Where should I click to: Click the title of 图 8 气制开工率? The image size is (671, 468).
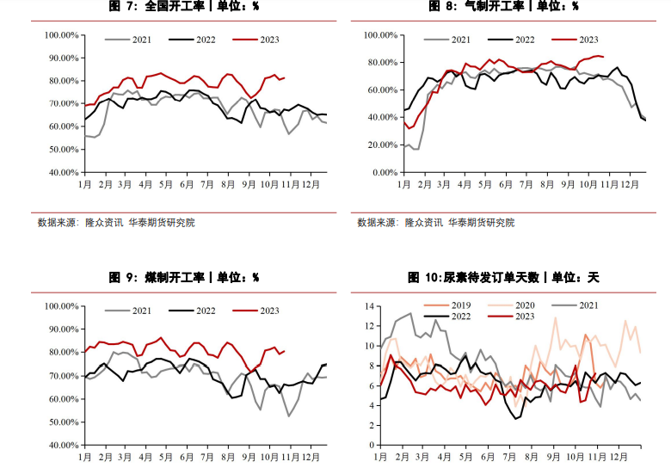coord(503,7)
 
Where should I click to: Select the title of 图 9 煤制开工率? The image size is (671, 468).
coord(183,278)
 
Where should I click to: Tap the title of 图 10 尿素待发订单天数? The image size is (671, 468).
coord(503,278)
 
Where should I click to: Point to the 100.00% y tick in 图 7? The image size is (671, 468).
coord(62,35)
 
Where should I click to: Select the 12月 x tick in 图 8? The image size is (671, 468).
coord(631,185)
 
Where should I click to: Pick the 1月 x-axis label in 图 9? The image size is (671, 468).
coord(84,457)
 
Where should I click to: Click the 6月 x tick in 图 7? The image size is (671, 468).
coord(186,185)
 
